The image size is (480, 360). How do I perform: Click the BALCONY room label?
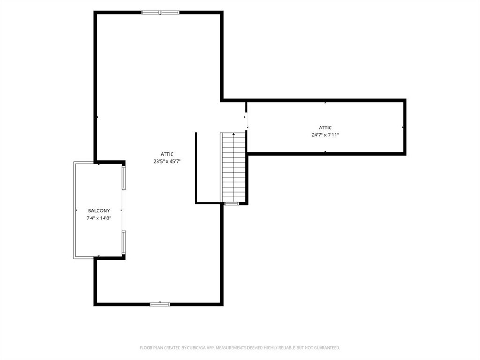pyautogui.click(x=98, y=210)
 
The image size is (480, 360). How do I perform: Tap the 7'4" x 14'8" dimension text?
pyautogui.click(x=98, y=218)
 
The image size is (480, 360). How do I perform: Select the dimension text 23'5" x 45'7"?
pyautogui.click(x=167, y=161)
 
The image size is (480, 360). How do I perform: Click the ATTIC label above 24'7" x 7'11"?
pyautogui.click(x=325, y=127)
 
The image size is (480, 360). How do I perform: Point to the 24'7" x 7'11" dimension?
pyautogui.click(x=325, y=135)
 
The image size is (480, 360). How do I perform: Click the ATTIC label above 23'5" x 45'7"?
pyautogui.click(x=167, y=154)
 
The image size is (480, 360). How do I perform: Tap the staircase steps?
pyautogui.click(x=233, y=167)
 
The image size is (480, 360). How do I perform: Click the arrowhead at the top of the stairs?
pyautogui.click(x=234, y=134)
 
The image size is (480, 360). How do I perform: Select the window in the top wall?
pyautogui.click(x=160, y=13)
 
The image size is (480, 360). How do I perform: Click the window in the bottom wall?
pyautogui.click(x=160, y=304)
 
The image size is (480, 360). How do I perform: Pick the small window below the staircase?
pyautogui.click(x=232, y=203)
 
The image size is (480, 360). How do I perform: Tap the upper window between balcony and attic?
pyautogui.click(x=124, y=178)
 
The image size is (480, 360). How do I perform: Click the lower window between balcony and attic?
pyautogui.click(x=124, y=242)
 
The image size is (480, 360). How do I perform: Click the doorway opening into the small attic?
pyautogui.click(x=247, y=121)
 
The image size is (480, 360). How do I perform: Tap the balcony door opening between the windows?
pyautogui.click(x=123, y=210)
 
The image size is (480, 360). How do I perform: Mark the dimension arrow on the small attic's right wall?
pyautogui.click(x=403, y=127)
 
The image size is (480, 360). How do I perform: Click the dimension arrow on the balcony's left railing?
pyautogui.click(x=76, y=210)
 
